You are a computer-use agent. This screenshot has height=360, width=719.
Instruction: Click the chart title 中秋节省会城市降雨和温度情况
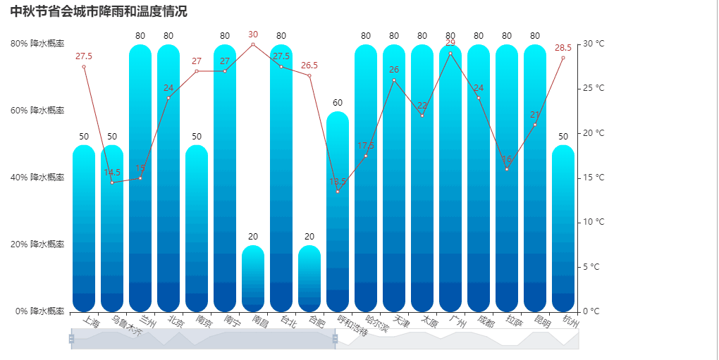pyautogui.click(x=99, y=11)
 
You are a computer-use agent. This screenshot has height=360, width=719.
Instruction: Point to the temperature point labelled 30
pyautogui.click(x=253, y=44)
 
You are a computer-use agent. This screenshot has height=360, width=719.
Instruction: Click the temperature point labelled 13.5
pyautogui.click(x=338, y=192)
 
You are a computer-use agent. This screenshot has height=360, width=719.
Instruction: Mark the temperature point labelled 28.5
pyautogui.click(x=563, y=58)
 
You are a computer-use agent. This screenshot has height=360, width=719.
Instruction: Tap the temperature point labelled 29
pyautogui.click(x=450, y=54)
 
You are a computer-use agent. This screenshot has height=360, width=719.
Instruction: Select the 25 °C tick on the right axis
pyautogui.click(x=593, y=89)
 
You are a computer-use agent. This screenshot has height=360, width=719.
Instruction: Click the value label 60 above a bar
pyautogui.click(x=338, y=103)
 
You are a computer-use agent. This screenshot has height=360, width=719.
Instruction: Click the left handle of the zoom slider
pyautogui.click(x=71, y=339)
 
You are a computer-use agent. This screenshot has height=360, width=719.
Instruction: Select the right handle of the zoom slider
pyautogui.click(x=335, y=339)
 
